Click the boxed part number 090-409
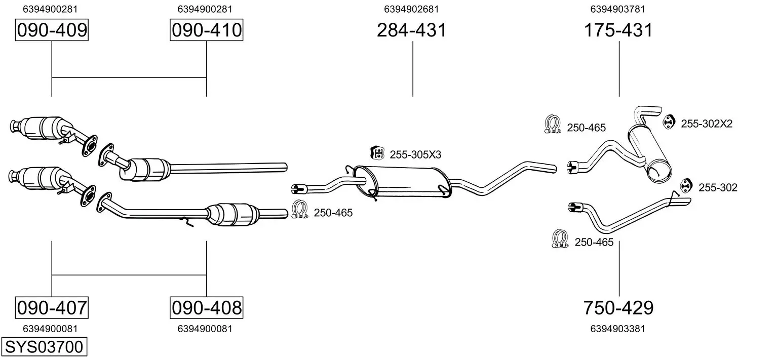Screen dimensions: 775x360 [52, 30]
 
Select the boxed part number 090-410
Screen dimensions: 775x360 [207, 30]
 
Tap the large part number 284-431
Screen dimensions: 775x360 [412, 30]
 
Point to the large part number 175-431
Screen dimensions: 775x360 [618, 30]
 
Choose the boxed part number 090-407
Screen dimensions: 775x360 [52, 307]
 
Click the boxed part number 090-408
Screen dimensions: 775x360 [207, 307]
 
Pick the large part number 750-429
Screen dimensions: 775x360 [618, 307]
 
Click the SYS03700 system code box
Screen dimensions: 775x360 [44, 346]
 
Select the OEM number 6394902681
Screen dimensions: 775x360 [411, 9]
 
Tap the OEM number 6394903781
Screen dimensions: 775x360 [617, 9]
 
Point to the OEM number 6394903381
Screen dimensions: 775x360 [617, 329]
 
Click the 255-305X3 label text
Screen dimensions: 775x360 [415, 154]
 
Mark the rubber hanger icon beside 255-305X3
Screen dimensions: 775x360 [377, 153]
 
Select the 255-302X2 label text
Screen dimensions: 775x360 [707, 124]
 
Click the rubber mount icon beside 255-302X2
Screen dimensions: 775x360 [669, 122]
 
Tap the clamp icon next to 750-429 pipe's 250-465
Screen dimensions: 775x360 [560, 238]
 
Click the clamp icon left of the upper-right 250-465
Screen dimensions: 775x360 [553, 125]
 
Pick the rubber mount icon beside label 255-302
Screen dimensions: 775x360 [686, 186]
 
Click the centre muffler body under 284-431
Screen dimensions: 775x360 [403, 182]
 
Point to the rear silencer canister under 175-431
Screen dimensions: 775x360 [649, 153]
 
